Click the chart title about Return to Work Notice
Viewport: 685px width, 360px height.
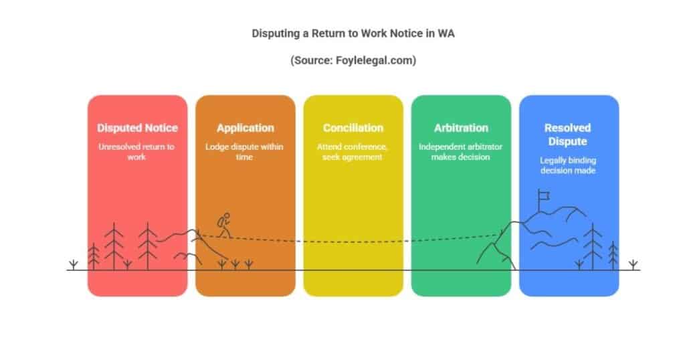[x=353, y=33]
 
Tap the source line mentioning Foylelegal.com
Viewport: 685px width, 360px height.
[x=353, y=60]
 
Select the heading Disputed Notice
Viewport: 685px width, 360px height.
[x=137, y=128]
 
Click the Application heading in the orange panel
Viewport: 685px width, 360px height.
[x=246, y=128]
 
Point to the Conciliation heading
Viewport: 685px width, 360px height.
[x=353, y=128]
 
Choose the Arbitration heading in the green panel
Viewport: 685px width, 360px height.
[x=461, y=128]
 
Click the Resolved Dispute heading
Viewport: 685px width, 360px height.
[x=567, y=134]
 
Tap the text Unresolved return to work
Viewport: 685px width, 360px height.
[x=136, y=152]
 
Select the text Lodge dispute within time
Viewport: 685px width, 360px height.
[x=244, y=152]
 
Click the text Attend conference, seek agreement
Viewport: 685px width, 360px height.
[x=352, y=152]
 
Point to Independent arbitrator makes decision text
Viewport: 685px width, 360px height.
[x=460, y=152]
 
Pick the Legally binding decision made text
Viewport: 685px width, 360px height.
[x=568, y=165]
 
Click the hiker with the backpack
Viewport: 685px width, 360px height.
[x=225, y=226]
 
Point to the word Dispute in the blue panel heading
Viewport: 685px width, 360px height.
[x=567, y=142]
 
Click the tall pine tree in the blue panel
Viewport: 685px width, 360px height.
[x=593, y=246]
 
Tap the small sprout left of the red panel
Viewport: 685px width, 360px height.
[x=74, y=265]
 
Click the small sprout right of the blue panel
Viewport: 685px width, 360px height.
[x=633, y=265]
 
